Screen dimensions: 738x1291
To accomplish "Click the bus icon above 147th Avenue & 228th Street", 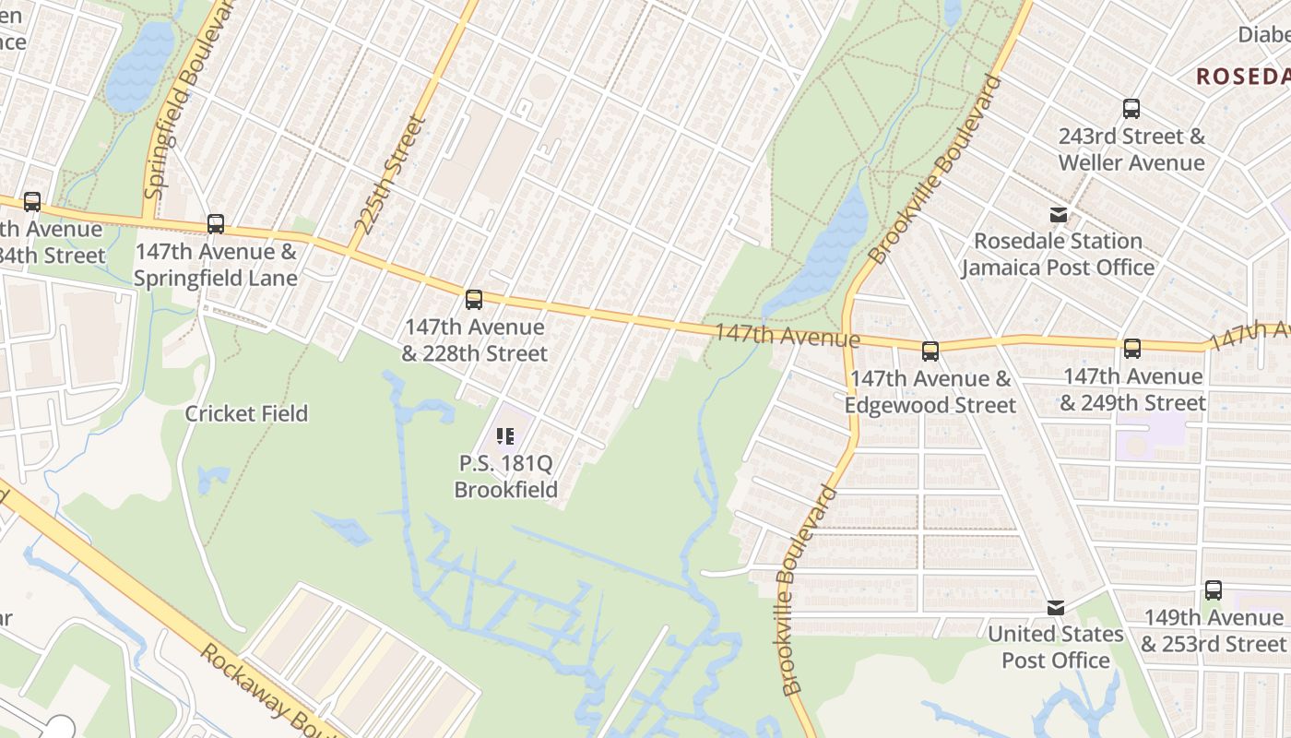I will click(x=474, y=299).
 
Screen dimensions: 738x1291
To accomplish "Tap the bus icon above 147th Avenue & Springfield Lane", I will click(x=216, y=223).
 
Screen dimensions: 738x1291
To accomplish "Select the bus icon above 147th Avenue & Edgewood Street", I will click(x=930, y=351).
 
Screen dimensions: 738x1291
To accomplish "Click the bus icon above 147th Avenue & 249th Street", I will click(x=1132, y=349).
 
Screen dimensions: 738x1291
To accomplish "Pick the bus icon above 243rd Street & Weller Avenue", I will click(x=1131, y=109).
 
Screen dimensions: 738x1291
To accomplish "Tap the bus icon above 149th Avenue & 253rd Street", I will click(x=1214, y=590).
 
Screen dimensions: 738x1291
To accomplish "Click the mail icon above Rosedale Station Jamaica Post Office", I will click(x=1059, y=215).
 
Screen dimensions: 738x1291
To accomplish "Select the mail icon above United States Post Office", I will click(x=1056, y=608).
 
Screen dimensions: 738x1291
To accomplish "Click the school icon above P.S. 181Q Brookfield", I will click(x=505, y=436).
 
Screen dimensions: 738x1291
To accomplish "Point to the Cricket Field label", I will click(x=246, y=413).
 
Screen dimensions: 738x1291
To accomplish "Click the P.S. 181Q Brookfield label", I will click(x=506, y=476).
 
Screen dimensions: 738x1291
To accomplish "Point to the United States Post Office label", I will click(x=1056, y=647).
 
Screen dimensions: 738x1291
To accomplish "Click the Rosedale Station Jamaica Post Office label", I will click(x=1059, y=254).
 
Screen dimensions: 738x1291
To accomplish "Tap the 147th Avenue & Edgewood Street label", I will click(x=930, y=391).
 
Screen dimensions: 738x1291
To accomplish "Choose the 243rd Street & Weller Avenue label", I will click(x=1131, y=149).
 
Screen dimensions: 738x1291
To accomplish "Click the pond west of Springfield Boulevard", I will click(x=140, y=66).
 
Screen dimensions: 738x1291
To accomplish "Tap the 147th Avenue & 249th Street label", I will click(x=1132, y=389).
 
